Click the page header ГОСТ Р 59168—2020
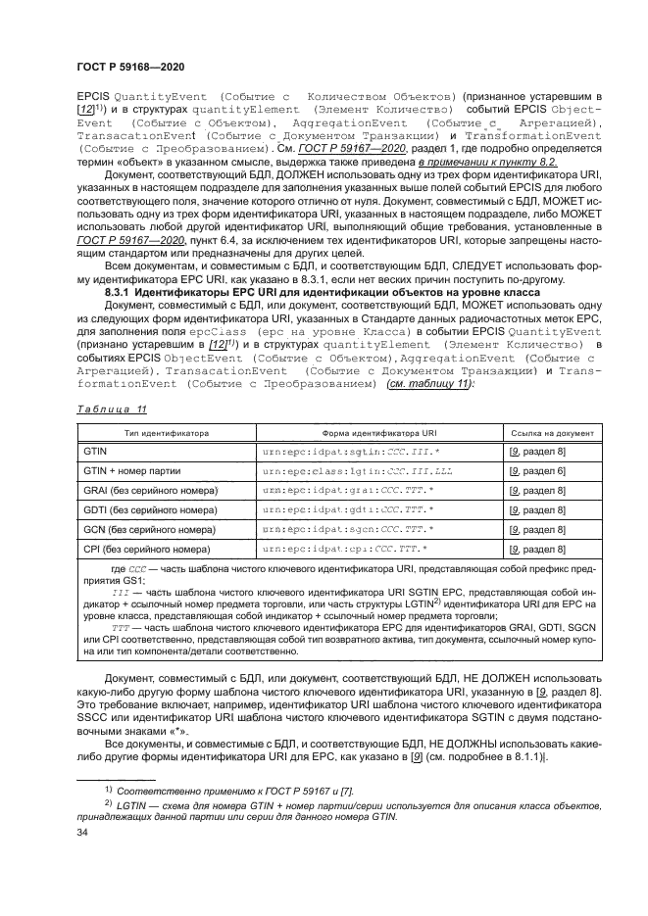(130, 66)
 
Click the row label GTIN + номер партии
(137, 471)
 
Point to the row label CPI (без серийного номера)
(148, 549)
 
